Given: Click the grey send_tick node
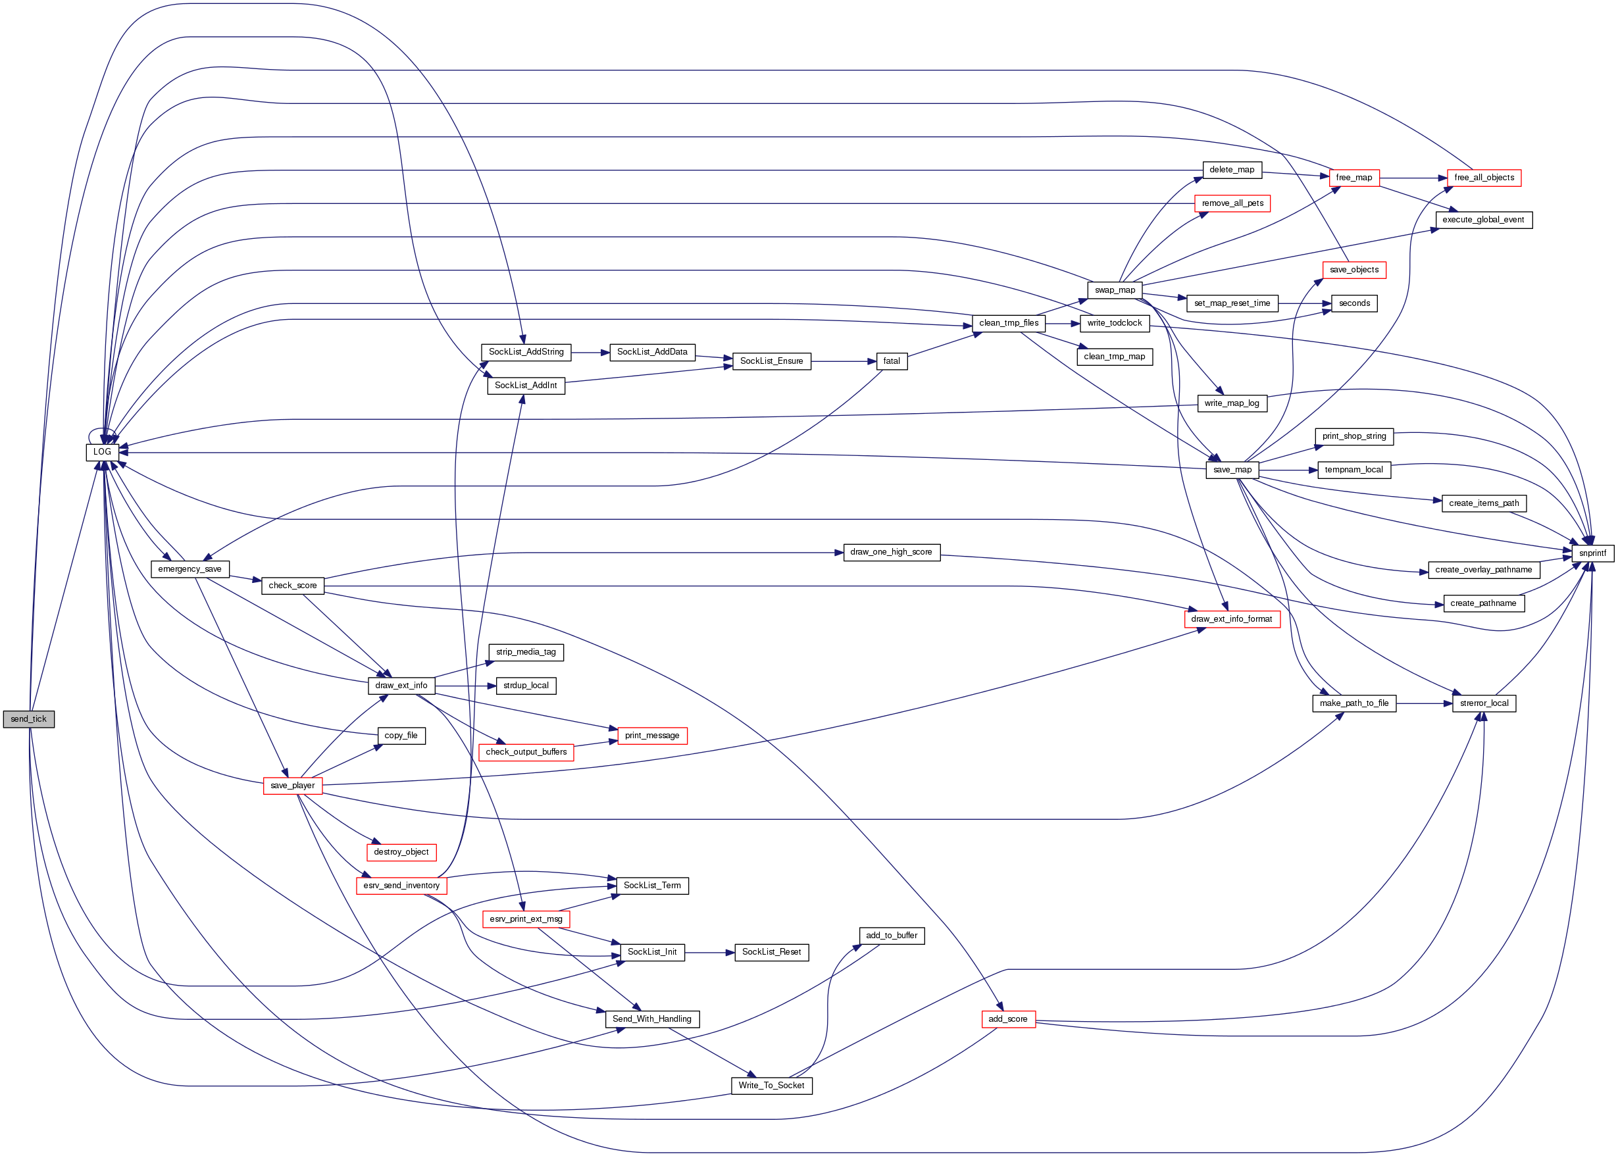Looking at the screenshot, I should pyautogui.click(x=28, y=719).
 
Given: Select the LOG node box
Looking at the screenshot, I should pyautogui.click(x=103, y=452).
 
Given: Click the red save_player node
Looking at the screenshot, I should pyautogui.click(x=293, y=786).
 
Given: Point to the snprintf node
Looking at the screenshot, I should pyautogui.click(x=1592, y=553).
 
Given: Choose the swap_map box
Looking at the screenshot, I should pyautogui.click(x=1115, y=290).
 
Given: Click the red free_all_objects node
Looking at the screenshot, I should pyautogui.click(x=1484, y=178).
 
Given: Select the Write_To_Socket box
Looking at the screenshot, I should pyautogui.click(x=771, y=1086).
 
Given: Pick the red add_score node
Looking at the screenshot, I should pyautogui.click(x=1008, y=1019).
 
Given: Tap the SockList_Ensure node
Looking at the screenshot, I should pyautogui.click(x=772, y=362).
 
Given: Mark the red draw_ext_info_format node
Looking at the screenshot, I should pyautogui.click(x=1232, y=619).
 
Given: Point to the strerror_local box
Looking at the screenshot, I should pyautogui.click(x=1484, y=703).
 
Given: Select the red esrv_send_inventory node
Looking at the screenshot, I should pyautogui.click(x=401, y=886).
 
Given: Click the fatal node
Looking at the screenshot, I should pyautogui.click(x=891, y=362).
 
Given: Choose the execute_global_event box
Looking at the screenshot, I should pyautogui.click(x=1484, y=220).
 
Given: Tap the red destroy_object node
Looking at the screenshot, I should pyautogui.click(x=401, y=852).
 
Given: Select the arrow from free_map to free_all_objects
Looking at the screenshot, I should pyautogui.click(x=1413, y=178).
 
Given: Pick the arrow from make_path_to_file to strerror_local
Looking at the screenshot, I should pyautogui.click(x=1424, y=703).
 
